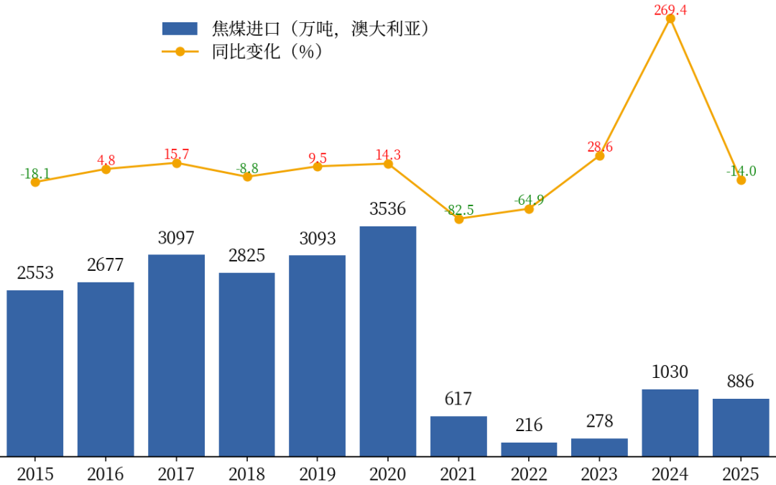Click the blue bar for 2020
pos(388,341)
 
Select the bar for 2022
pos(529,449)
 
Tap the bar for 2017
pos(176,355)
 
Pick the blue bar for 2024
pos(670,422)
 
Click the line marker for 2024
pos(670,19)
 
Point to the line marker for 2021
pos(458,218)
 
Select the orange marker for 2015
pos(35,183)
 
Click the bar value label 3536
pos(388,209)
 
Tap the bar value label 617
pos(458,399)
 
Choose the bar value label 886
pos(740,382)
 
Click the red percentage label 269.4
pos(670,9)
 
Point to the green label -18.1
pos(35,174)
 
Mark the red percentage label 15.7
pos(176,154)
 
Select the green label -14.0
pos(740,171)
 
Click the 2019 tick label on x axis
pos(317,474)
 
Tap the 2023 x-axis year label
pos(599,474)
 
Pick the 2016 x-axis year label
pos(106,474)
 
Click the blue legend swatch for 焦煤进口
pos(180,29)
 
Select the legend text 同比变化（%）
pos(267,52)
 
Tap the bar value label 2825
pos(246,255)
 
